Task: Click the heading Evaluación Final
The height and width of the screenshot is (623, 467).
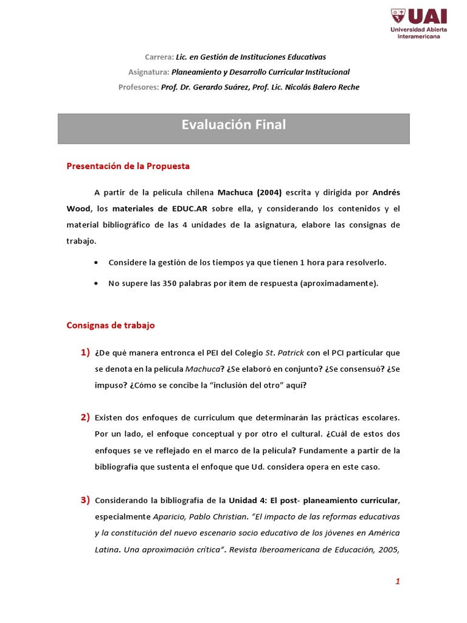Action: point(233,125)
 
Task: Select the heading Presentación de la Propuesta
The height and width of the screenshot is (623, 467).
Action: point(128,166)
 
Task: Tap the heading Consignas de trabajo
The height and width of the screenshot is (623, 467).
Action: point(111,325)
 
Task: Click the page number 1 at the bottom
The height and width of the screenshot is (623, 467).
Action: point(398,582)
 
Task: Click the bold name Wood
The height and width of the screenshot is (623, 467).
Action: point(78,209)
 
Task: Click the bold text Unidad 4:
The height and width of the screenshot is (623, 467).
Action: point(247,501)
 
